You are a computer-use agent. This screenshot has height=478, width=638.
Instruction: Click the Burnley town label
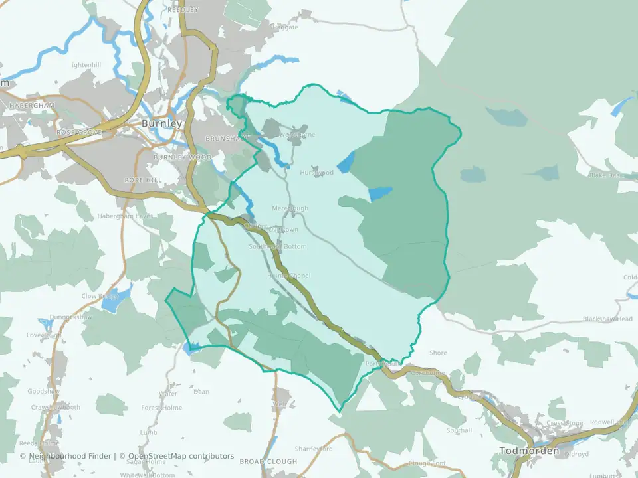tap(161, 123)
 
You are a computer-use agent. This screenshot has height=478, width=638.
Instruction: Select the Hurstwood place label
tap(316, 173)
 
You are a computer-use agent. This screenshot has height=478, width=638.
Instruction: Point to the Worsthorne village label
tap(297, 135)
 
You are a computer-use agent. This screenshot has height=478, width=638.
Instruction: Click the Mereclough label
tap(290, 208)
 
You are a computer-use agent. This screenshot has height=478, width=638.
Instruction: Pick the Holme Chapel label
tap(288, 276)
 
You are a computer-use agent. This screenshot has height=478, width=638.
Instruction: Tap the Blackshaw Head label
tap(607, 319)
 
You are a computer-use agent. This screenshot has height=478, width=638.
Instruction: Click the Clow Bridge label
tap(99, 296)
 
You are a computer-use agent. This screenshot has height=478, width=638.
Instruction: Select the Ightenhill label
tap(86, 65)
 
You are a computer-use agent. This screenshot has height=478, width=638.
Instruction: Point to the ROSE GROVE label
tap(80, 133)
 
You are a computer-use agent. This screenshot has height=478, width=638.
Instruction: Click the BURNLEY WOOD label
tap(182, 157)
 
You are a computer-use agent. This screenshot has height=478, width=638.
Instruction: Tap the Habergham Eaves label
tap(126, 216)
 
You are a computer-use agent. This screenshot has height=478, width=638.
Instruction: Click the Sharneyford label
tap(314, 449)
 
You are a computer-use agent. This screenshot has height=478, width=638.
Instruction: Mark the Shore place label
tap(439, 353)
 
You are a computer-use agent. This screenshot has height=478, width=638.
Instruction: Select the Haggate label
tap(285, 27)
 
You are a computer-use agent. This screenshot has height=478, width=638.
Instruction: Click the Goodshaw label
tap(43, 392)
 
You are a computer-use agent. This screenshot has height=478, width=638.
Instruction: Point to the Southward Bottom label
tap(278, 246)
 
